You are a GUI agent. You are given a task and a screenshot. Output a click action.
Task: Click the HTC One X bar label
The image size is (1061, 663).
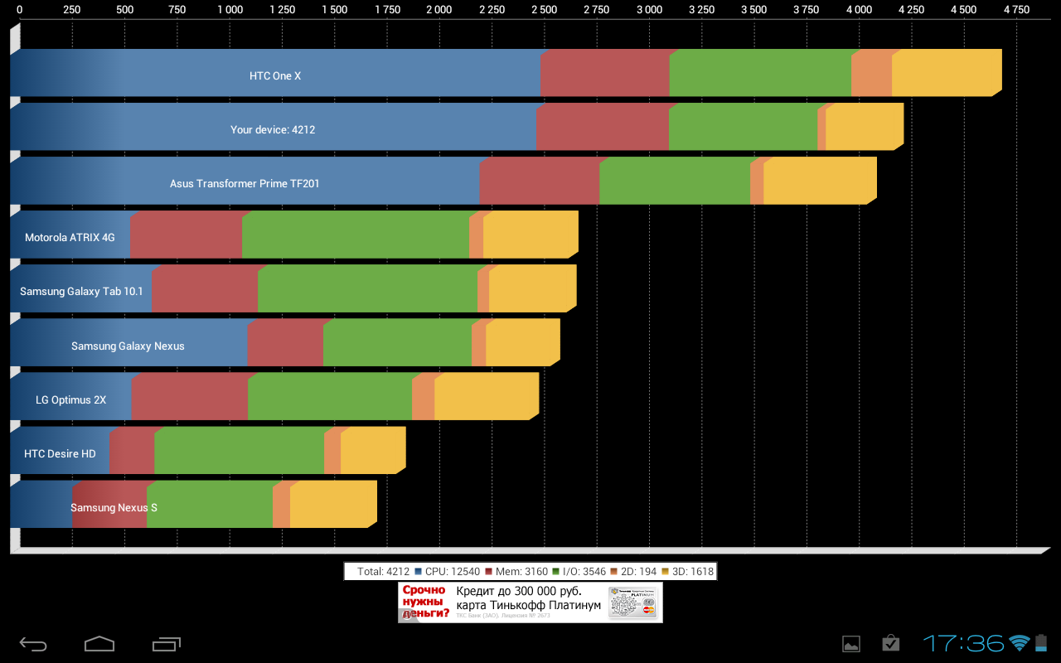[275, 75]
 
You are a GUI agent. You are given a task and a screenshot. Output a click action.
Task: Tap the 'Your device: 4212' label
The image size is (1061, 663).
[273, 129]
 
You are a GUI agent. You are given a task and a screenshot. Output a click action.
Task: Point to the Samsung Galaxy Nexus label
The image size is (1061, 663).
[128, 346]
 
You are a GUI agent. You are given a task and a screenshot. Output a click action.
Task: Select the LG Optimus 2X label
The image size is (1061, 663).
[70, 399]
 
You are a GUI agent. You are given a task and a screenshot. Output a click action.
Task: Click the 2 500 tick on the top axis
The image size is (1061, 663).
[545, 10]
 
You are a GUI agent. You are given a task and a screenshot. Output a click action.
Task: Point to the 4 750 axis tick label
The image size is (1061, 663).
[1016, 10]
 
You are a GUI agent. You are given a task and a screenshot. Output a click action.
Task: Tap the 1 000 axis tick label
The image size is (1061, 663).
[230, 10]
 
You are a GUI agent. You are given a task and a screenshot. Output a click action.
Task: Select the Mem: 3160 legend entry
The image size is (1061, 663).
[516, 571]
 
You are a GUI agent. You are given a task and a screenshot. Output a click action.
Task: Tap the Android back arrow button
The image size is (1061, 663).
[33, 643]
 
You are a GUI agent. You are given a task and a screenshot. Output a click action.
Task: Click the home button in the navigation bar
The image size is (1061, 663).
[99, 643]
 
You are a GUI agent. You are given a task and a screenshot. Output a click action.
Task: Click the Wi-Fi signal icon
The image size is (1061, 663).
[1020, 642]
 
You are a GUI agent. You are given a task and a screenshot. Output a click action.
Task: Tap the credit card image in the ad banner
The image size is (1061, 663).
[632, 603]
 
